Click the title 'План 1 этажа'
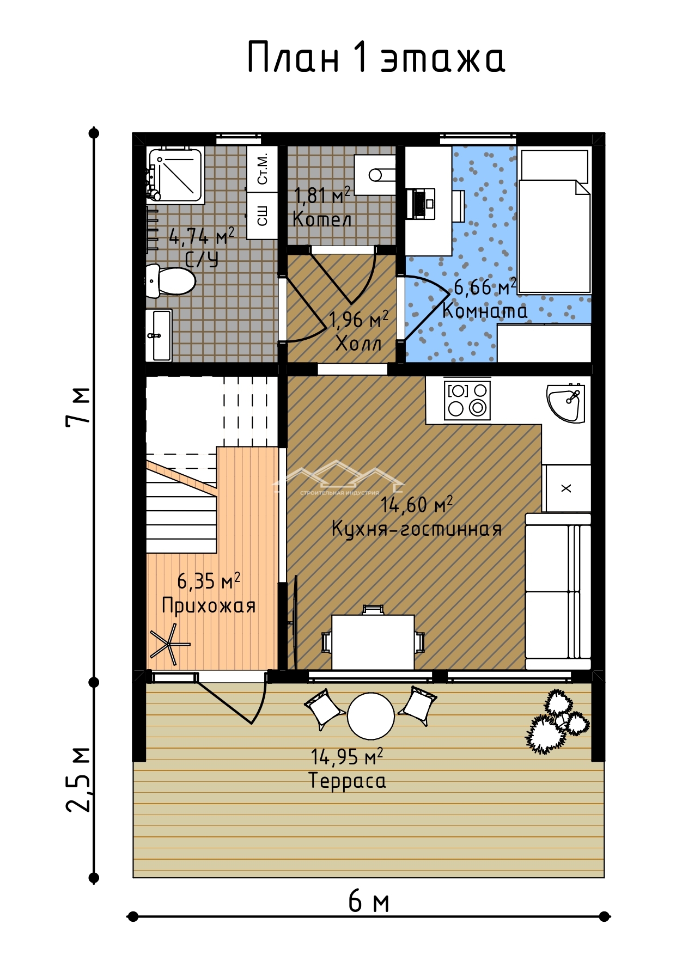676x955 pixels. tap(376, 57)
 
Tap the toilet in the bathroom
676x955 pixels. tap(170, 281)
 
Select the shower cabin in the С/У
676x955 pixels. tap(175, 174)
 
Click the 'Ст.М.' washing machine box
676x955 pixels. tap(262, 168)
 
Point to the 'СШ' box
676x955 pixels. tap(262, 216)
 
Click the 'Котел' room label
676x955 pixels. tap(322, 219)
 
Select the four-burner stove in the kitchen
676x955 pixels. tap(467, 400)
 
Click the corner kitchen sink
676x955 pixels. tap(565, 403)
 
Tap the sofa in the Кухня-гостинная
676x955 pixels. tap(558, 591)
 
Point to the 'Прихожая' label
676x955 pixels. tap(209, 605)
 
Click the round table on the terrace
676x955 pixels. tap(370, 716)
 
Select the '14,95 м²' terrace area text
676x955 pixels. tap(347, 756)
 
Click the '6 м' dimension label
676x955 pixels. tap(369, 902)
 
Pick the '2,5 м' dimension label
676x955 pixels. tap(78, 779)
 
